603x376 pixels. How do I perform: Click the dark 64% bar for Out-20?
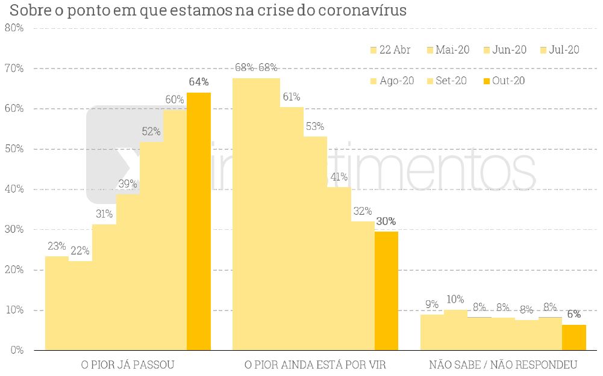click(199, 221)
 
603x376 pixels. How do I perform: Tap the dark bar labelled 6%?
click(573, 337)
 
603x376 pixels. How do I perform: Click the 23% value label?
click(57, 246)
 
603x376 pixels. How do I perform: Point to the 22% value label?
click(80, 250)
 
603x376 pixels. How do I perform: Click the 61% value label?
click(291, 97)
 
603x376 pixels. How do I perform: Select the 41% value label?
click(339, 177)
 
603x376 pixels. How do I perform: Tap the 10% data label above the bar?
click(455, 299)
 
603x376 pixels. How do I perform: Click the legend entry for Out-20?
click(504, 81)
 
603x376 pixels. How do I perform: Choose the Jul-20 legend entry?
click(560, 50)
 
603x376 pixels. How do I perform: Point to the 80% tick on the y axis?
click(14, 28)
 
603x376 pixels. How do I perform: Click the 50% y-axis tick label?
click(14, 149)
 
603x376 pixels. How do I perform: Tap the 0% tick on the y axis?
click(16, 350)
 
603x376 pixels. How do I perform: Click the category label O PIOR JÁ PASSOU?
click(128, 365)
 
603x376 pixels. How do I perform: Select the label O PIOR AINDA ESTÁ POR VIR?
click(315, 365)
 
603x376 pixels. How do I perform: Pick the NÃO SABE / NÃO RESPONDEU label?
click(503, 365)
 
